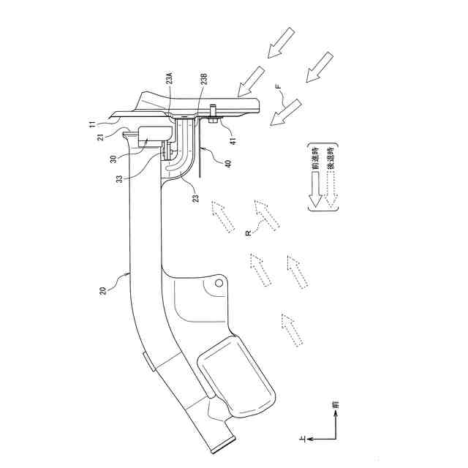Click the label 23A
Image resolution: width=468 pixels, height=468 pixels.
170,80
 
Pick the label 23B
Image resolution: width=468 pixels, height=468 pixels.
203,80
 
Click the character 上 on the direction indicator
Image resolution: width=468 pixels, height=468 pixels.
302,437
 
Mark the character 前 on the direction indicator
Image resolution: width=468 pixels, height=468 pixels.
335,404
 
